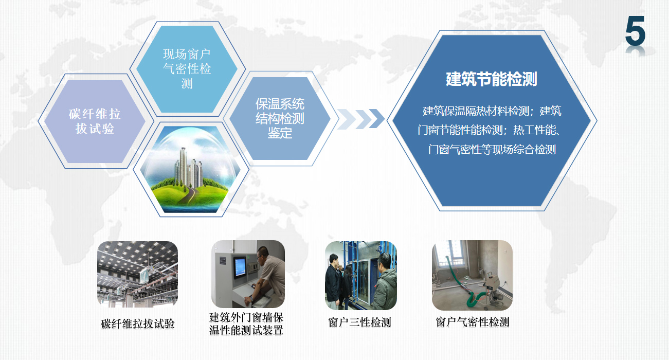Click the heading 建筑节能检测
(x=491, y=79)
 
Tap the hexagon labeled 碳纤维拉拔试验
(x=95, y=121)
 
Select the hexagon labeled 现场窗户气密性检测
(x=187, y=69)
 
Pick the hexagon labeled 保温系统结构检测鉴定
(x=280, y=118)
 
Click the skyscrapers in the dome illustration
(x=189, y=167)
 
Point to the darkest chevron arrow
(x=376, y=119)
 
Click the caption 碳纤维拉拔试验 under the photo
(x=137, y=323)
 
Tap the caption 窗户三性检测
(x=359, y=322)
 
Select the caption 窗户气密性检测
(x=472, y=322)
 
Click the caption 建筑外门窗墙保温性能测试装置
(x=246, y=323)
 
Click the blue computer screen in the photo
(x=240, y=267)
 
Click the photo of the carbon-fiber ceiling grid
(x=138, y=274)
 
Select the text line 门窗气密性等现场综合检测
(x=492, y=149)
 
